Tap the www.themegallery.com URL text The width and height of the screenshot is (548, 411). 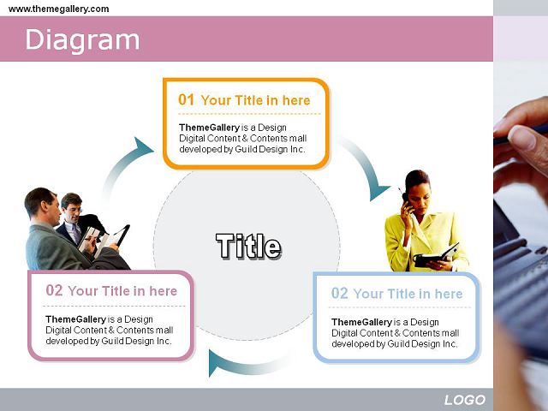[x=58, y=9]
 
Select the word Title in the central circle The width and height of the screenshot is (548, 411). [x=248, y=246]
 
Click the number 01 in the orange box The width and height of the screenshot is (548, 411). [x=186, y=99]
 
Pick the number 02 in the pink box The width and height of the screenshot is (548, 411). [x=54, y=290]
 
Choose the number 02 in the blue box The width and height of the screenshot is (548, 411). [x=340, y=293]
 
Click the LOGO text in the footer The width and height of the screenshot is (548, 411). [x=465, y=400]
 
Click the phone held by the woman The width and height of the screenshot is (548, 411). [x=403, y=195]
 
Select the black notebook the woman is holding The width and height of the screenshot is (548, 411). [x=436, y=256]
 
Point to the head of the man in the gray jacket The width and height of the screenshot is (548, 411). [x=41, y=205]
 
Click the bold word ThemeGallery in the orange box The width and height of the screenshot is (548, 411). [x=209, y=128]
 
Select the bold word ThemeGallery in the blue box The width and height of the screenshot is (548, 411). [x=361, y=322]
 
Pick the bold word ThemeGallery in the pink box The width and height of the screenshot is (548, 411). [x=75, y=319]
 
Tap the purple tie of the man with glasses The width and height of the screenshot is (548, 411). [x=76, y=233]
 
